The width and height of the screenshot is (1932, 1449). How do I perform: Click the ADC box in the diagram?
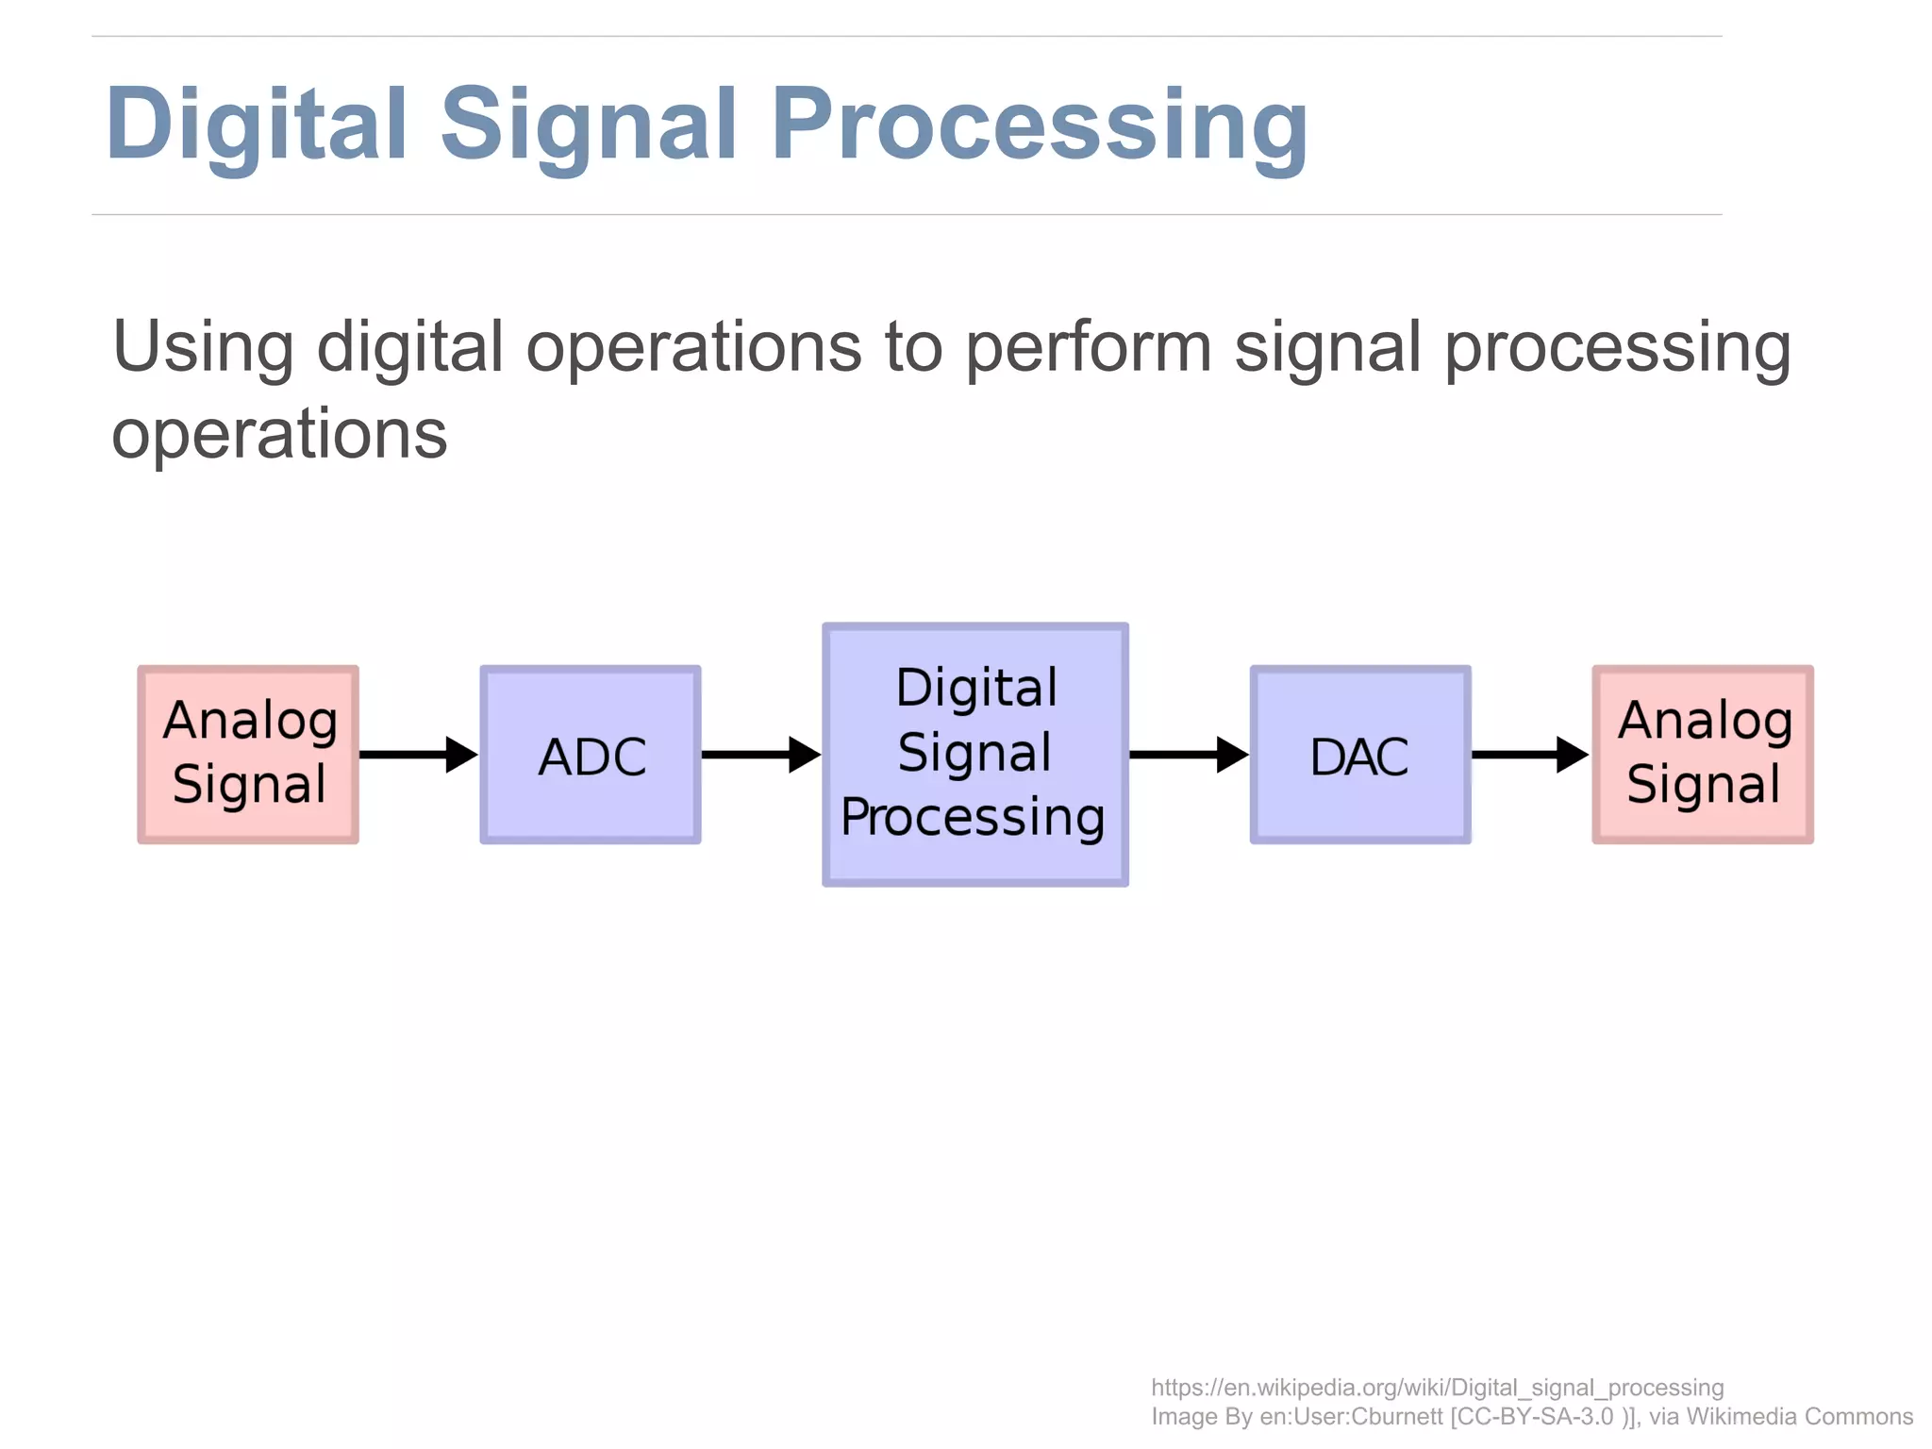tap(591, 755)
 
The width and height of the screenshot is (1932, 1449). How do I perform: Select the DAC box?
tap(1359, 755)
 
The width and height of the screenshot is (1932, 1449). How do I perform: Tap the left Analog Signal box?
tap(248, 755)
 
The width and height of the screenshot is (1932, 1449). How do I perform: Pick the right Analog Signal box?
tap(1703, 755)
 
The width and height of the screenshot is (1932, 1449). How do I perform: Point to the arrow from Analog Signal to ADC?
tap(418, 755)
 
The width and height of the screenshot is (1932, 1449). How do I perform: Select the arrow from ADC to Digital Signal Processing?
tap(760, 755)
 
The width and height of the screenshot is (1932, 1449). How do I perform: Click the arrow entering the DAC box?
tap(1189, 755)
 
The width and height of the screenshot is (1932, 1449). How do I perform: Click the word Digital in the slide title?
tap(257, 125)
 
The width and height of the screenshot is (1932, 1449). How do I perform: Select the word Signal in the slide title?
tap(589, 125)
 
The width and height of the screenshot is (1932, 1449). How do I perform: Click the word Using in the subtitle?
tap(203, 347)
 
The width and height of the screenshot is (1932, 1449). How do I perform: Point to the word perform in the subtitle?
tap(1089, 347)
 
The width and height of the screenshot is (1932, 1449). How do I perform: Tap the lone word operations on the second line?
tap(279, 434)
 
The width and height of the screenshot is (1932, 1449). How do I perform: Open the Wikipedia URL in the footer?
tap(1437, 1388)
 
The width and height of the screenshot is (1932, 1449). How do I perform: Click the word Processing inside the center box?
tap(973, 817)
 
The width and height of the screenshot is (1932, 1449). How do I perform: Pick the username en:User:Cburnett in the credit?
tap(1351, 1417)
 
